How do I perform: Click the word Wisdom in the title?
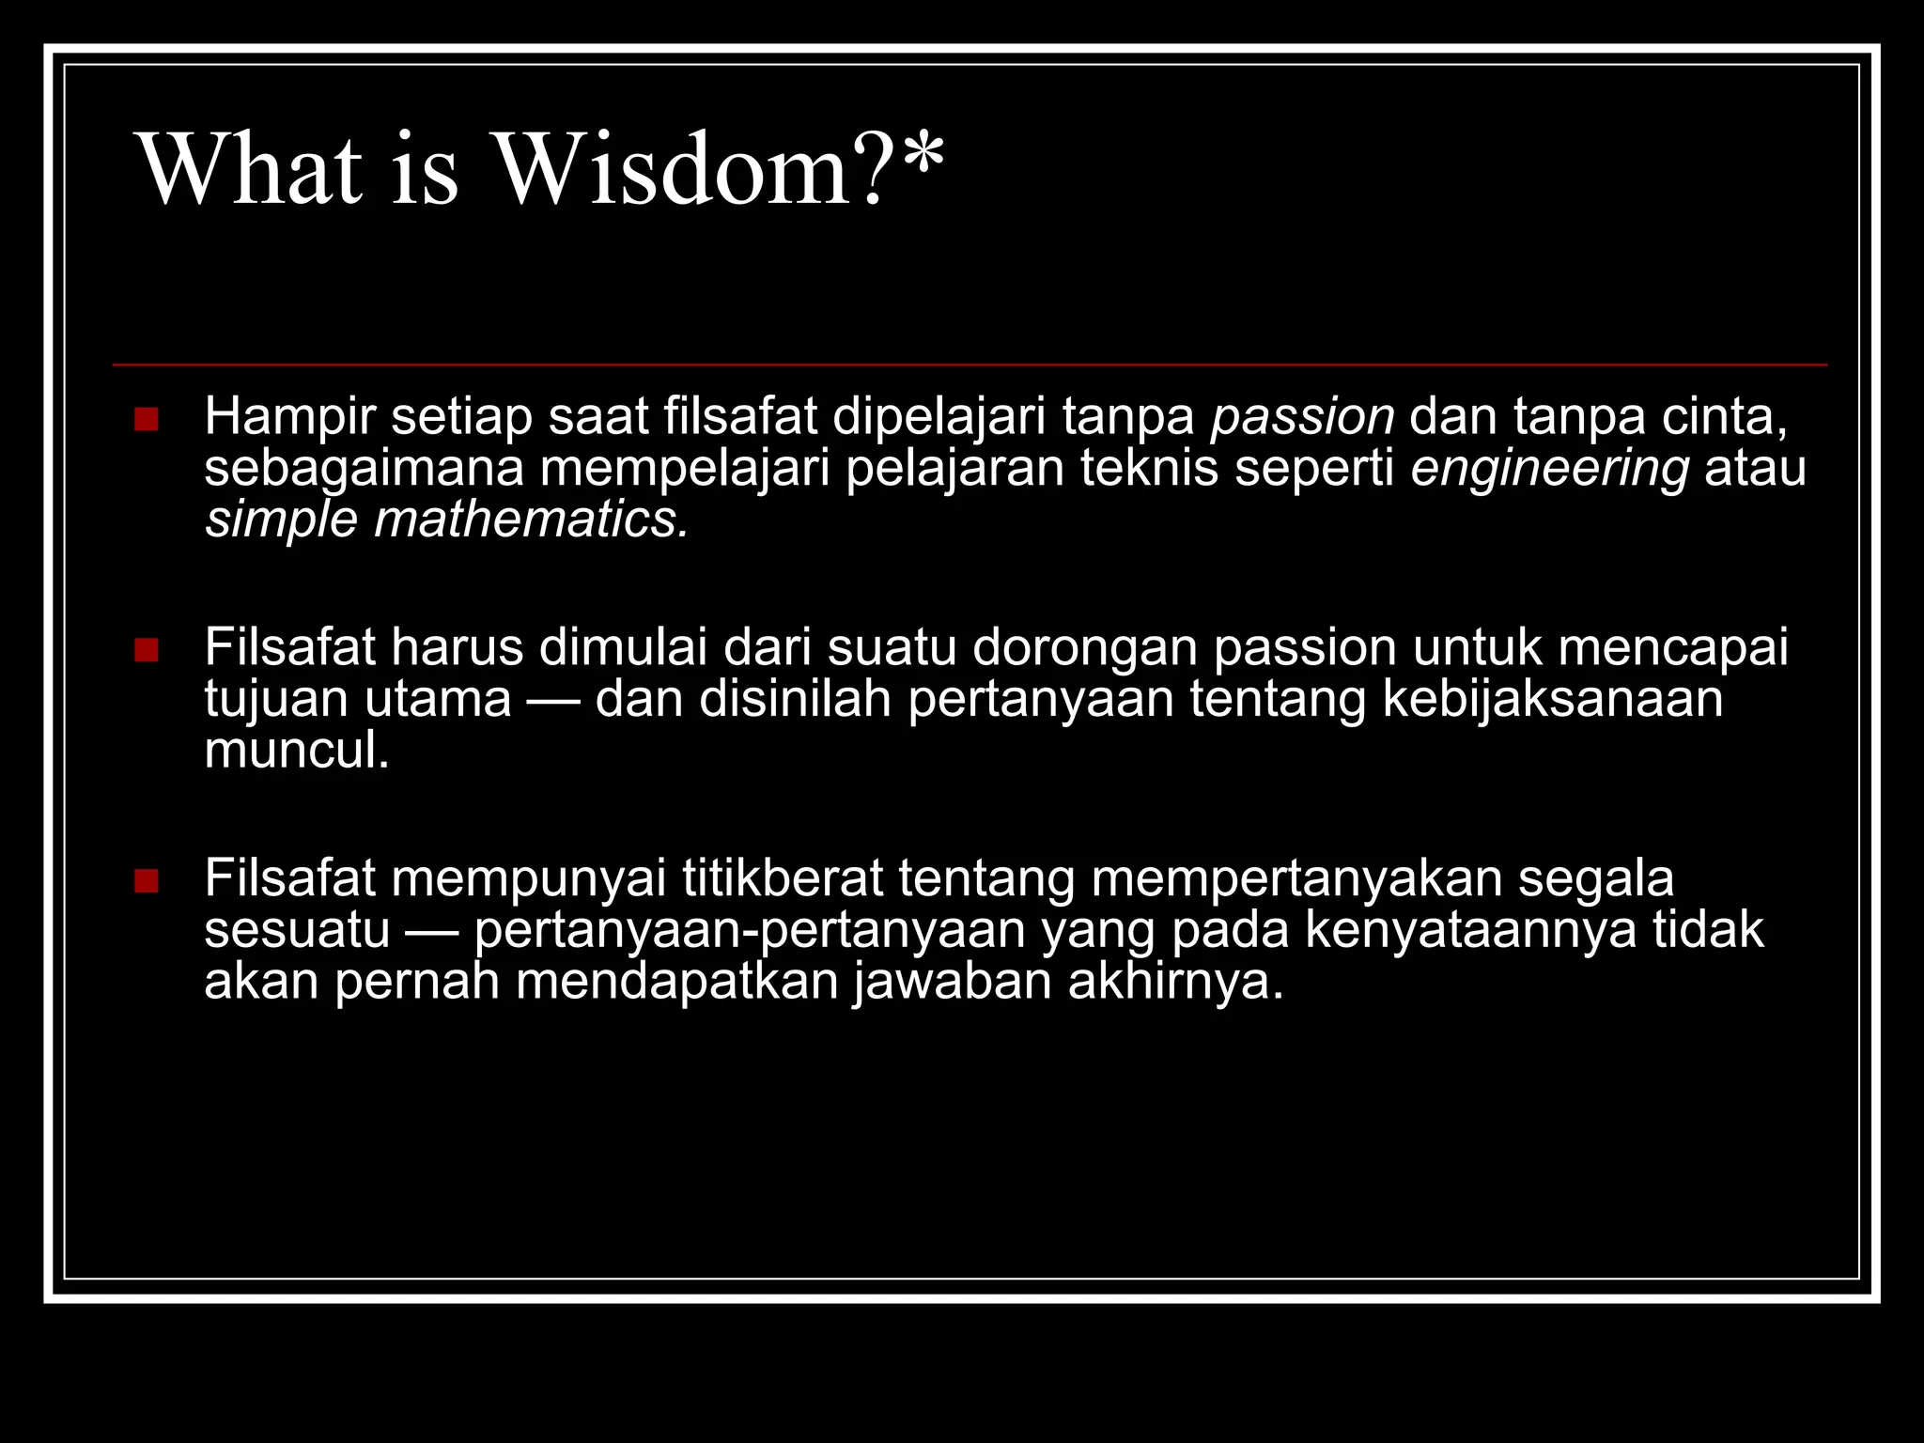pyautogui.click(x=672, y=169)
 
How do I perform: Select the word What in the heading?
pyautogui.click(x=250, y=169)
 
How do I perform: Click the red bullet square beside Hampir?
pyautogui.click(x=147, y=419)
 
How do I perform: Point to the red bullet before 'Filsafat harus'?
pyautogui.click(x=147, y=650)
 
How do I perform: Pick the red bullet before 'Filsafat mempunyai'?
pyautogui.click(x=147, y=881)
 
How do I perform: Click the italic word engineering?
pyautogui.click(x=1550, y=469)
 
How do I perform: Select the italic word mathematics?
pyautogui.click(x=532, y=520)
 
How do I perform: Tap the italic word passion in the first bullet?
pyautogui.click(x=1303, y=418)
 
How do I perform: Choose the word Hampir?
pyautogui.click(x=289, y=418)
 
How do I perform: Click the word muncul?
pyautogui.click(x=296, y=751)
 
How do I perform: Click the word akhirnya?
pyautogui.click(x=1175, y=982)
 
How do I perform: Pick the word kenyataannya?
pyautogui.click(x=1471, y=931)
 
